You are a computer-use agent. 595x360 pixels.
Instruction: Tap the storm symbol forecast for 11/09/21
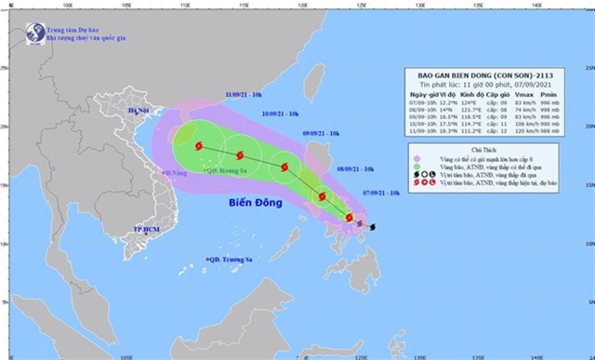(199, 146)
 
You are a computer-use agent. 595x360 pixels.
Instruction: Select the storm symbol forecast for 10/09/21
(240, 155)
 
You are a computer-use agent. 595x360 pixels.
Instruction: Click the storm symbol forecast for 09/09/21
(284, 168)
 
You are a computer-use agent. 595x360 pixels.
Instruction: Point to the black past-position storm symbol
(373, 227)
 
